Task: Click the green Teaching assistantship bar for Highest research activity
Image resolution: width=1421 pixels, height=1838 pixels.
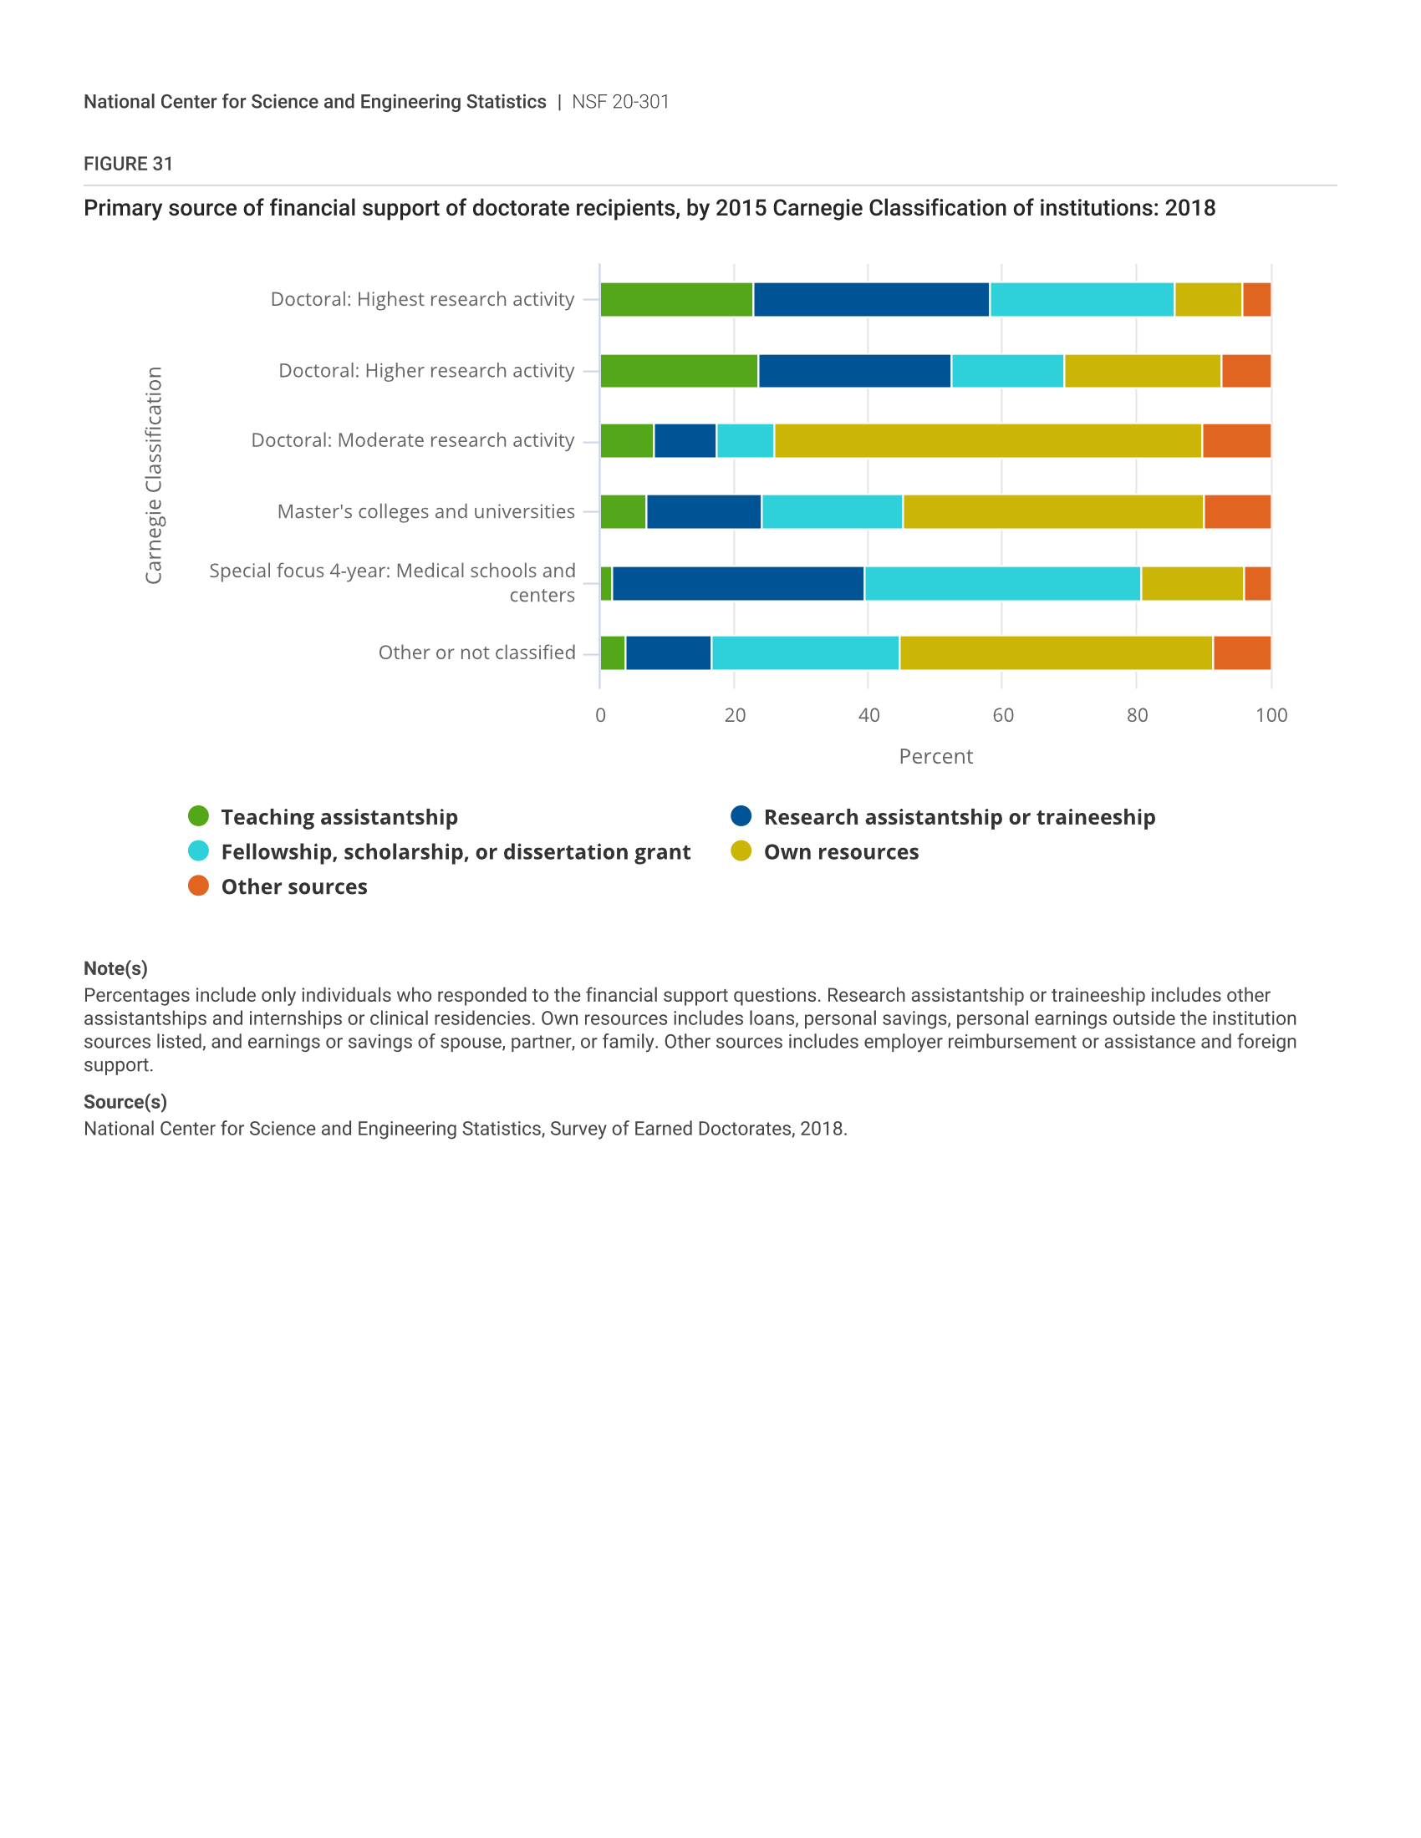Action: (x=677, y=300)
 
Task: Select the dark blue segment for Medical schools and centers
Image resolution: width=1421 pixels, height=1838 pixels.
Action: (x=738, y=583)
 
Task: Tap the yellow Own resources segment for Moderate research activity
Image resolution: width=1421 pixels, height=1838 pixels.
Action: (x=988, y=441)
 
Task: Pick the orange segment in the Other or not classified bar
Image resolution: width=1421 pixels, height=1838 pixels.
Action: (x=1241, y=653)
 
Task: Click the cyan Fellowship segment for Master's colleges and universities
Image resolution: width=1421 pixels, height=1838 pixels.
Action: (x=832, y=511)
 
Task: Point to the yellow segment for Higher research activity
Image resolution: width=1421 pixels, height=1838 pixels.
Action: (x=1143, y=371)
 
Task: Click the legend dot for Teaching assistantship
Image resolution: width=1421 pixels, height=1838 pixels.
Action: (x=199, y=816)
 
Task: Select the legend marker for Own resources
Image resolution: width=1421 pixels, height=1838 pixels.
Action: (x=741, y=850)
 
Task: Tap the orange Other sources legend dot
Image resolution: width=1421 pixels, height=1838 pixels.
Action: (x=199, y=886)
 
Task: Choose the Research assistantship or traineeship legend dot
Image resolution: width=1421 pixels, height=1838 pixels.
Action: (x=741, y=816)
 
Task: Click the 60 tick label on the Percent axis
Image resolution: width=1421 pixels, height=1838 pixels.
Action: (x=1002, y=715)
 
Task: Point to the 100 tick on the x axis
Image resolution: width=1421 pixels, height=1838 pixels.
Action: (x=1271, y=715)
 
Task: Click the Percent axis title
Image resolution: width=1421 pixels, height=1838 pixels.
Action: (x=935, y=757)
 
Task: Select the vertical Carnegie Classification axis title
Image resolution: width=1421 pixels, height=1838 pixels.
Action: (x=153, y=475)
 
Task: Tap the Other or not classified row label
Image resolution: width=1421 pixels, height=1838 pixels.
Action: (x=476, y=652)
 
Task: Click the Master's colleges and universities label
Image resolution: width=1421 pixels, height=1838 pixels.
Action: (x=426, y=511)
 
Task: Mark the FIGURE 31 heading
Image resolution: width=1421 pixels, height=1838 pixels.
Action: (x=128, y=164)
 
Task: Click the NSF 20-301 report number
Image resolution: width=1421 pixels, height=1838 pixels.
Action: (x=620, y=102)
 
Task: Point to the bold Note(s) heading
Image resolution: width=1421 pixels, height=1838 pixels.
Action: (x=115, y=968)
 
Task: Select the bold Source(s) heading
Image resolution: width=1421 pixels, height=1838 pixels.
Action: (x=125, y=1102)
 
